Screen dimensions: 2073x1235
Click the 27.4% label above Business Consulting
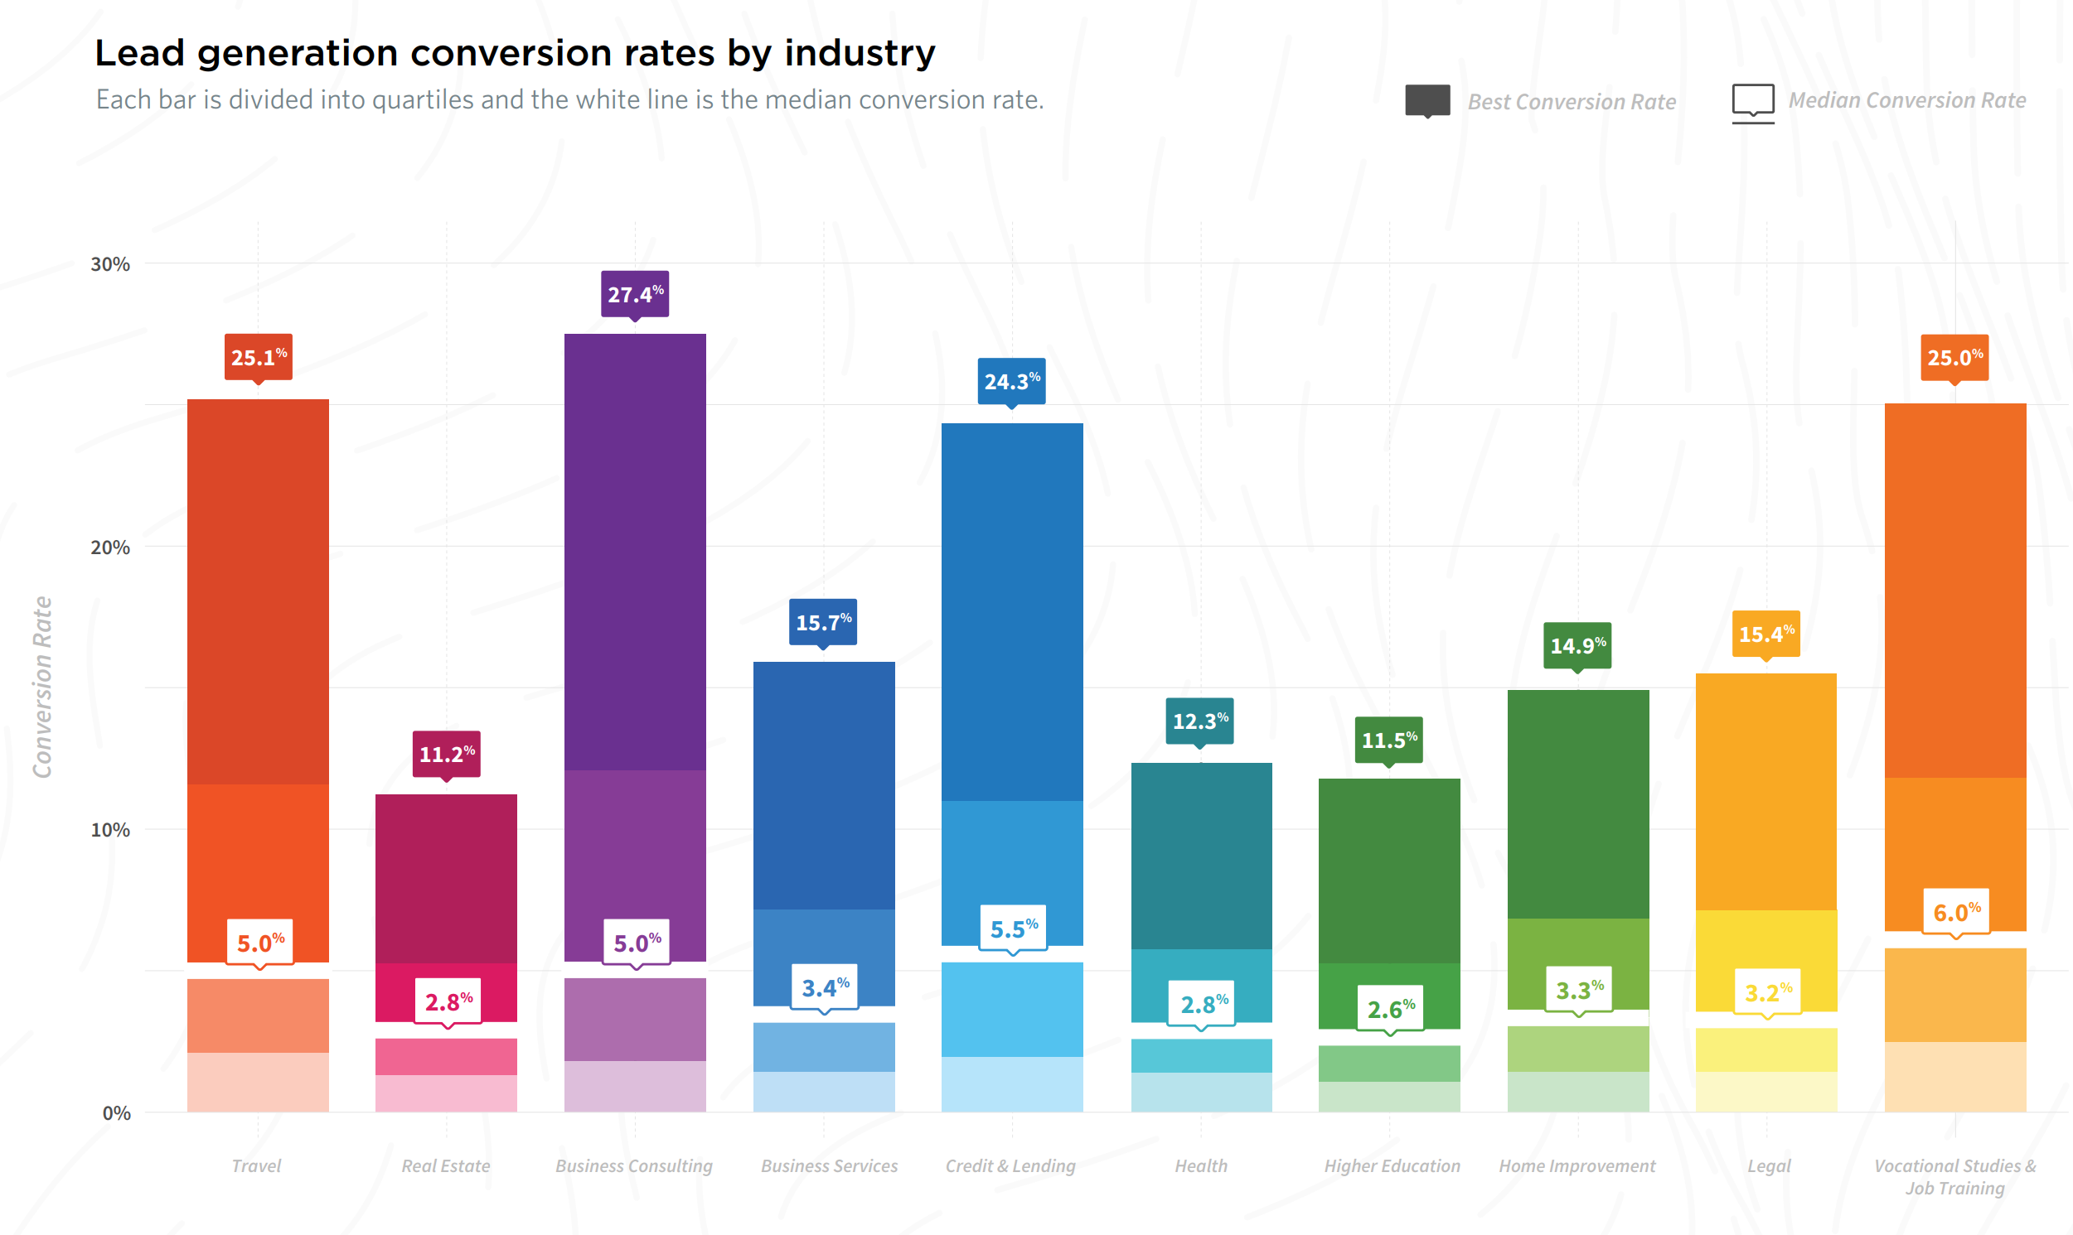[x=635, y=294]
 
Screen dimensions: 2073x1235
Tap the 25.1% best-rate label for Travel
[x=258, y=357]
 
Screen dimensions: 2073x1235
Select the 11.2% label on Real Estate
[x=446, y=754]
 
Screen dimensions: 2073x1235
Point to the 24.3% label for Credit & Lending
[x=1011, y=381]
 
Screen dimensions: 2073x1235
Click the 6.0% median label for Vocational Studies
[x=1956, y=912]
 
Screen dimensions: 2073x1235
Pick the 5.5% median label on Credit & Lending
[x=1013, y=929]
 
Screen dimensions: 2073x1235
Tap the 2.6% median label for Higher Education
[x=1391, y=1010]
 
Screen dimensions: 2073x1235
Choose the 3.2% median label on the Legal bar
[x=1768, y=992]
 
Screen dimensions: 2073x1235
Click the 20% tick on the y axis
[x=110, y=548]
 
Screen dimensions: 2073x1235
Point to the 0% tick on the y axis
[x=117, y=1113]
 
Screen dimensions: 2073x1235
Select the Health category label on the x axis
[x=1200, y=1166]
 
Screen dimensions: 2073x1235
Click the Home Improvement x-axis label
[x=1577, y=1167]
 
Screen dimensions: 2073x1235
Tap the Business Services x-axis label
[x=829, y=1166]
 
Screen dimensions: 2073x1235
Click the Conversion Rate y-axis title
[x=42, y=687]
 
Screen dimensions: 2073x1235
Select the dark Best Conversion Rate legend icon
[x=1428, y=101]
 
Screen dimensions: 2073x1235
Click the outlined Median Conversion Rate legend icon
[x=1753, y=103]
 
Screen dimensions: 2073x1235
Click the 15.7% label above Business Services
[x=823, y=622]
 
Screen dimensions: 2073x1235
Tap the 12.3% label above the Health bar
[x=1199, y=721]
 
